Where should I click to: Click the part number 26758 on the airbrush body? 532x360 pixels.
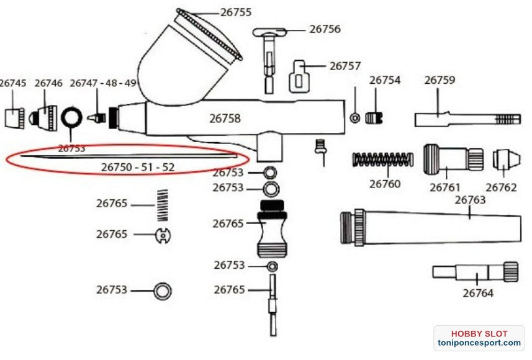coord(225,118)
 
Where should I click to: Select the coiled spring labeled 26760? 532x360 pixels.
coord(382,160)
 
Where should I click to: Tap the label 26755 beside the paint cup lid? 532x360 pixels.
coord(237,12)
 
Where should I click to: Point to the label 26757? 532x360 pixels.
coord(345,65)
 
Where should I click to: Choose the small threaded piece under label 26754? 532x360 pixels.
coord(374,117)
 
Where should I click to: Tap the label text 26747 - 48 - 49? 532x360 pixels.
coord(103,83)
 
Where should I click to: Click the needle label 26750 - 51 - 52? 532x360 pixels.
coord(137,167)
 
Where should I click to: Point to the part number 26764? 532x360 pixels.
coord(478,293)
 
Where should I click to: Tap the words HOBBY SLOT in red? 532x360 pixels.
coord(479,333)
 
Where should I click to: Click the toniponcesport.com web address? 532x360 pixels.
coord(478,343)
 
